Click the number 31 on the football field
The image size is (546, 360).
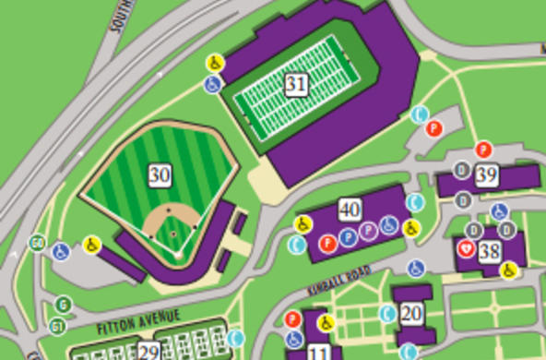(x=295, y=86)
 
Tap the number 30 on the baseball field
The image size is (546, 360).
(x=160, y=174)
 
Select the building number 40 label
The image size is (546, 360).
(x=350, y=209)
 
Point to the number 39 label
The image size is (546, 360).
(x=487, y=174)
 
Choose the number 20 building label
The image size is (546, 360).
(x=411, y=313)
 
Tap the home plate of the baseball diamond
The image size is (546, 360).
(x=174, y=250)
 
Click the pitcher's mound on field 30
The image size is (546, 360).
(x=172, y=233)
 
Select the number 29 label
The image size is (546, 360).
(x=148, y=351)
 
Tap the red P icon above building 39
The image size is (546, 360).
(x=483, y=150)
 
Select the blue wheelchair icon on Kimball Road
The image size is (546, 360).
(x=416, y=268)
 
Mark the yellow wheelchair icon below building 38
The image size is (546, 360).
(x=507, y=270)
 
